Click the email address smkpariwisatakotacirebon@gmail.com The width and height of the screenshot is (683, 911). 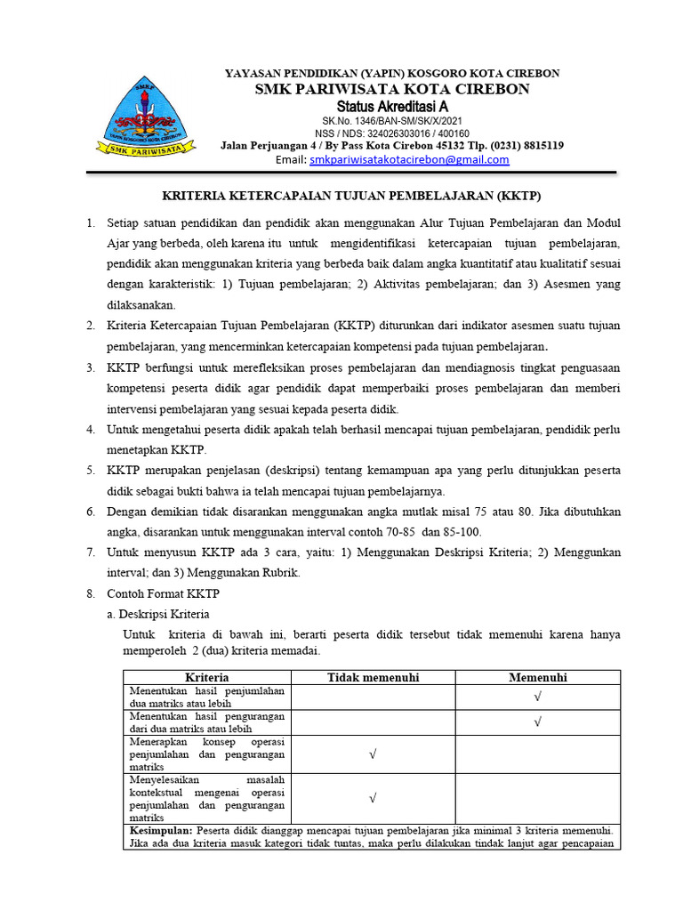click(409, 160)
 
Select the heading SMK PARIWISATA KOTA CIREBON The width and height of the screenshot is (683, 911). click(392, 89)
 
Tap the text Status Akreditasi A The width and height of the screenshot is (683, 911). click(391, 107)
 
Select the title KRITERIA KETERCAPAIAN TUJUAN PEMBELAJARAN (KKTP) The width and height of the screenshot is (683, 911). click(350, 196)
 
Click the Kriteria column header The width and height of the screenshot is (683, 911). click(207, 677)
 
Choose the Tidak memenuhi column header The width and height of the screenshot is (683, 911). click(373, 677)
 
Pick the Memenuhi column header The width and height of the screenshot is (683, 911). click(537, 677)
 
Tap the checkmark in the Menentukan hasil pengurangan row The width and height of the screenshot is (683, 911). click(537, 722)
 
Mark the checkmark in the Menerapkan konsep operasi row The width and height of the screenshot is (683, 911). click(373, 754)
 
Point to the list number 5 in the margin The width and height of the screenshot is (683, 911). click(91, 470)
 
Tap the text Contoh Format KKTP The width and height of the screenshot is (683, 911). click(163, 593)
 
